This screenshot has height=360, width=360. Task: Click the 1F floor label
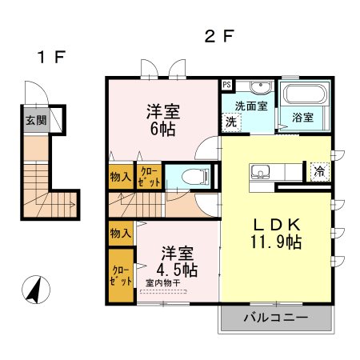click(x=50, y=58)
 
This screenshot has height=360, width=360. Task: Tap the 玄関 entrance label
click(x=34, y=121)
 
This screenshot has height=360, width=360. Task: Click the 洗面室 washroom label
click(x=250, y=105)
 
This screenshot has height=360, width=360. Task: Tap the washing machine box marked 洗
click(x=230, y=122)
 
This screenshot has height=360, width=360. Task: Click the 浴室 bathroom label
click(x=302, y=118)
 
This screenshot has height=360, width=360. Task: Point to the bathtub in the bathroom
click(x=302, y=95)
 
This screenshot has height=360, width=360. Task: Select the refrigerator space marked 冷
click(x=319, y=170)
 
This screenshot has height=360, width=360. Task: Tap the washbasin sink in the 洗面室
click(x=259, y=88)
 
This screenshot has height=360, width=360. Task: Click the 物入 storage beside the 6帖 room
click(x=121, y=176)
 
